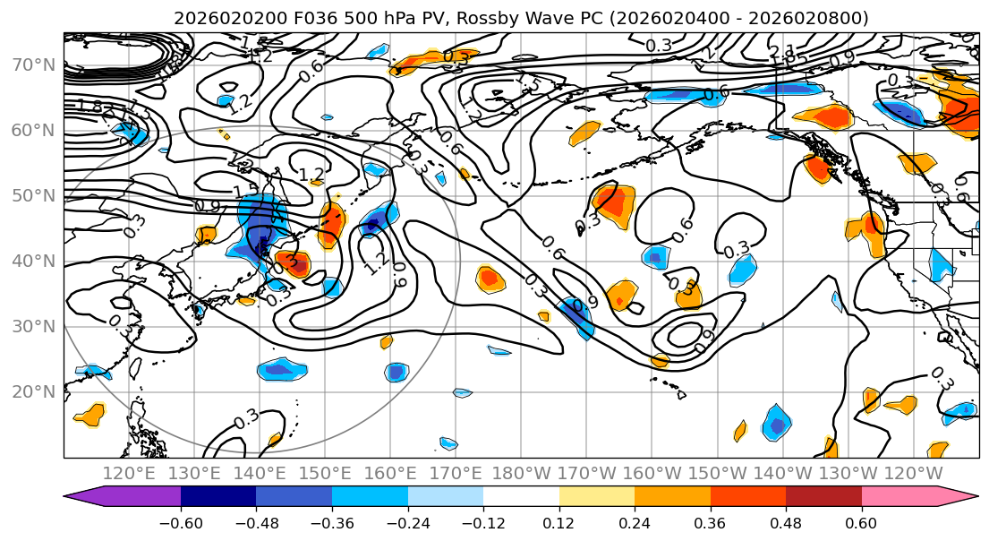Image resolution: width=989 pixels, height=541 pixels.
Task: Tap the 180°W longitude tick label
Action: [x=521, y=473]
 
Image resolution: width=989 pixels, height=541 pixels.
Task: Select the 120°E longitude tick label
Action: [x=129, y=473]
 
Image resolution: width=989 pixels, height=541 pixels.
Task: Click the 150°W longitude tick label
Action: [x=718, y=473]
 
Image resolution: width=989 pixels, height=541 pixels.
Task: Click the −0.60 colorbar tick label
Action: [x=181, y=523]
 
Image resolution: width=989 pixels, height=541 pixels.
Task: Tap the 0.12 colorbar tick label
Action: [x=558, y=523]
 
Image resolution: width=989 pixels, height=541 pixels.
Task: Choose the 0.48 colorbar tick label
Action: [x=786, y=523]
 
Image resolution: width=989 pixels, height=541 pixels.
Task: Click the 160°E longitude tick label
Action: [x=390, y=473]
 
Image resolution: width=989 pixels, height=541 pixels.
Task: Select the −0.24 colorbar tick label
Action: [x=407, y=523]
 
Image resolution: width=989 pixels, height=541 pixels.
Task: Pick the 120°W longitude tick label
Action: [x=914, y=473]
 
